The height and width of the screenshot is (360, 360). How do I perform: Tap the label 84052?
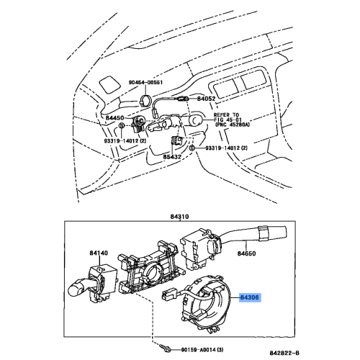coord(207,98)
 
